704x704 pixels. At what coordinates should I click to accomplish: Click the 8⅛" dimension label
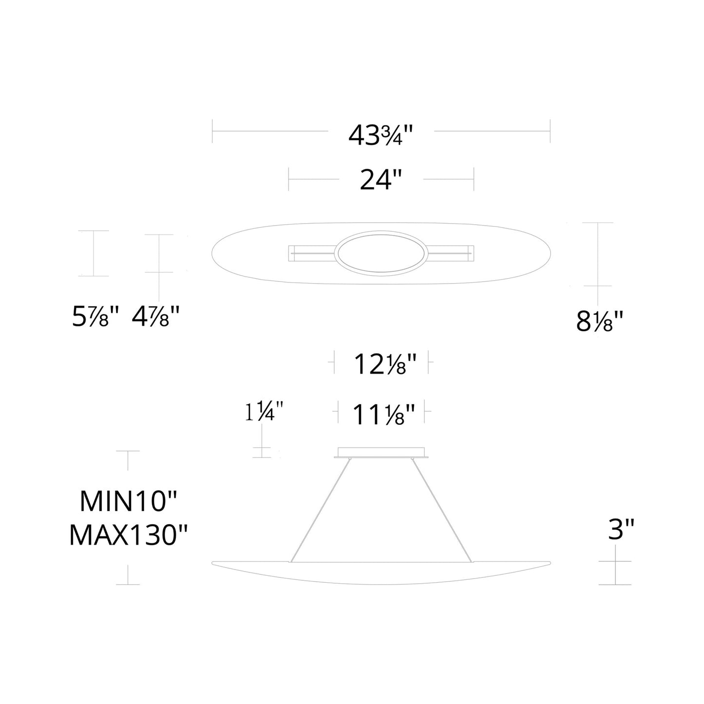point(600,322)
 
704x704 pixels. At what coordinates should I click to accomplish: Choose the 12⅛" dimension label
point(385,364)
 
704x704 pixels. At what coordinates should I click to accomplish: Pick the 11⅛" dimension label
point(383,416)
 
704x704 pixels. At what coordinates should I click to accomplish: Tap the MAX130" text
point(128,535)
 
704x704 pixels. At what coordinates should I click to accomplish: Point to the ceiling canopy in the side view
point(381,453)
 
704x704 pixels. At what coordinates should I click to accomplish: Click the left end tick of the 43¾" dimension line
point(212,131)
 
